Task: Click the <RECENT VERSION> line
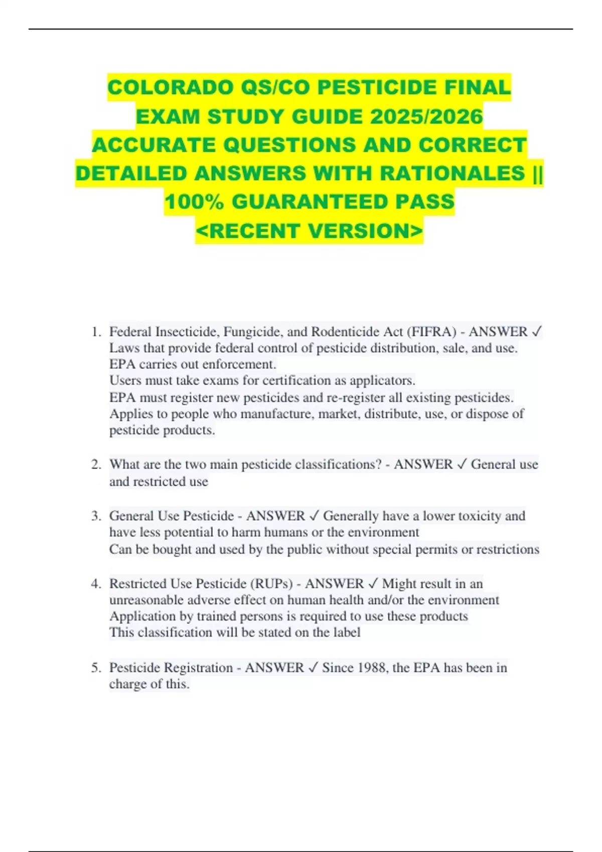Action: click(310, 231)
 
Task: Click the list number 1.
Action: click(96, 332)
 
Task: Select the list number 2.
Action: click(96, 465)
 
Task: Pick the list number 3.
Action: click(96, 516)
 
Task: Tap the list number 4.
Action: click(96, 584)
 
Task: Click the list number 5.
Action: click(96, 668)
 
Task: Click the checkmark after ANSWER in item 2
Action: click(462, 465)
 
